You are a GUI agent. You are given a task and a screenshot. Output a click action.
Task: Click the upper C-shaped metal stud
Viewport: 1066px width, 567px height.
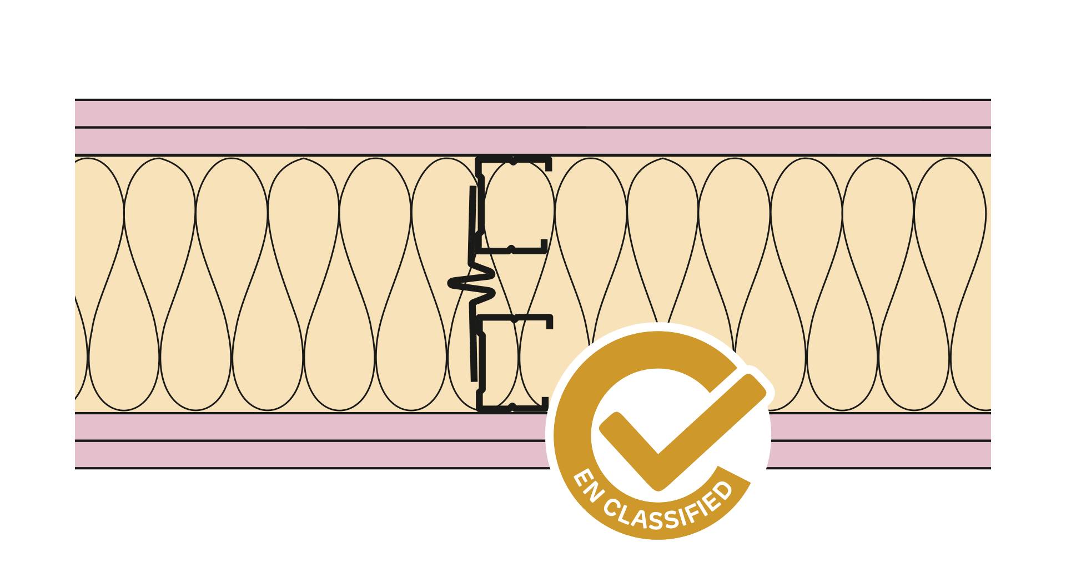click(514, 205)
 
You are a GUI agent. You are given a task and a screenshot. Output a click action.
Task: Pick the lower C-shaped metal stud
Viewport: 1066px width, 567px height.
click(514, 364)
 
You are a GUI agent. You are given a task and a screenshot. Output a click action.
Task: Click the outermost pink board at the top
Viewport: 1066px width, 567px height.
click(533, 114)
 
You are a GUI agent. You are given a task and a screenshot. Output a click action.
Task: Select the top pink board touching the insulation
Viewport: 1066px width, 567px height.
click(533, 141)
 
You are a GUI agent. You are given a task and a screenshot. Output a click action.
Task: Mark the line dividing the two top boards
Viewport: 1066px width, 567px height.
click(533, 128)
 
